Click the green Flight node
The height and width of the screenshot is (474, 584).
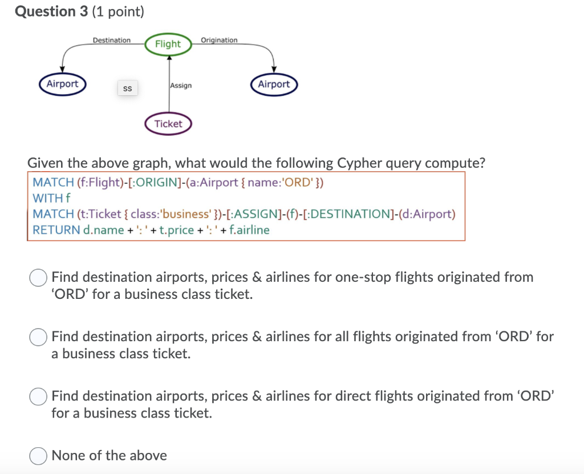point(168,44)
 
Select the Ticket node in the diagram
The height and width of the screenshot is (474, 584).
point(168,124)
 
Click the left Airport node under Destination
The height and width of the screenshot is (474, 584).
point(62,84)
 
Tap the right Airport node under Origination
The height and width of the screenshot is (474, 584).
point(274,84)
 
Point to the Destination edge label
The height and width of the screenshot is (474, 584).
point(112,40)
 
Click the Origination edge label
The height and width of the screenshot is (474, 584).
point(219,40)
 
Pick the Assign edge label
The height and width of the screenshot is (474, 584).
point(181,85)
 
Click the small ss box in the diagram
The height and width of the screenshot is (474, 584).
point(127,88)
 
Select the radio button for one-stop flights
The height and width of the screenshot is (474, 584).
point(38,278)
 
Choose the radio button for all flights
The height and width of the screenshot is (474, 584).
point(38,337)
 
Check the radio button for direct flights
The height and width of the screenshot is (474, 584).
point(38,396)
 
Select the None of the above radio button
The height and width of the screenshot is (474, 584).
point(38,456)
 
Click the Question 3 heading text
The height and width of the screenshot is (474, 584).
point(51,11)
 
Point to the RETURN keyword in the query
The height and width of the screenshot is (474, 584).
point(56,230)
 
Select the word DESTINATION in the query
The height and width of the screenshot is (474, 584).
point(350,214)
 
